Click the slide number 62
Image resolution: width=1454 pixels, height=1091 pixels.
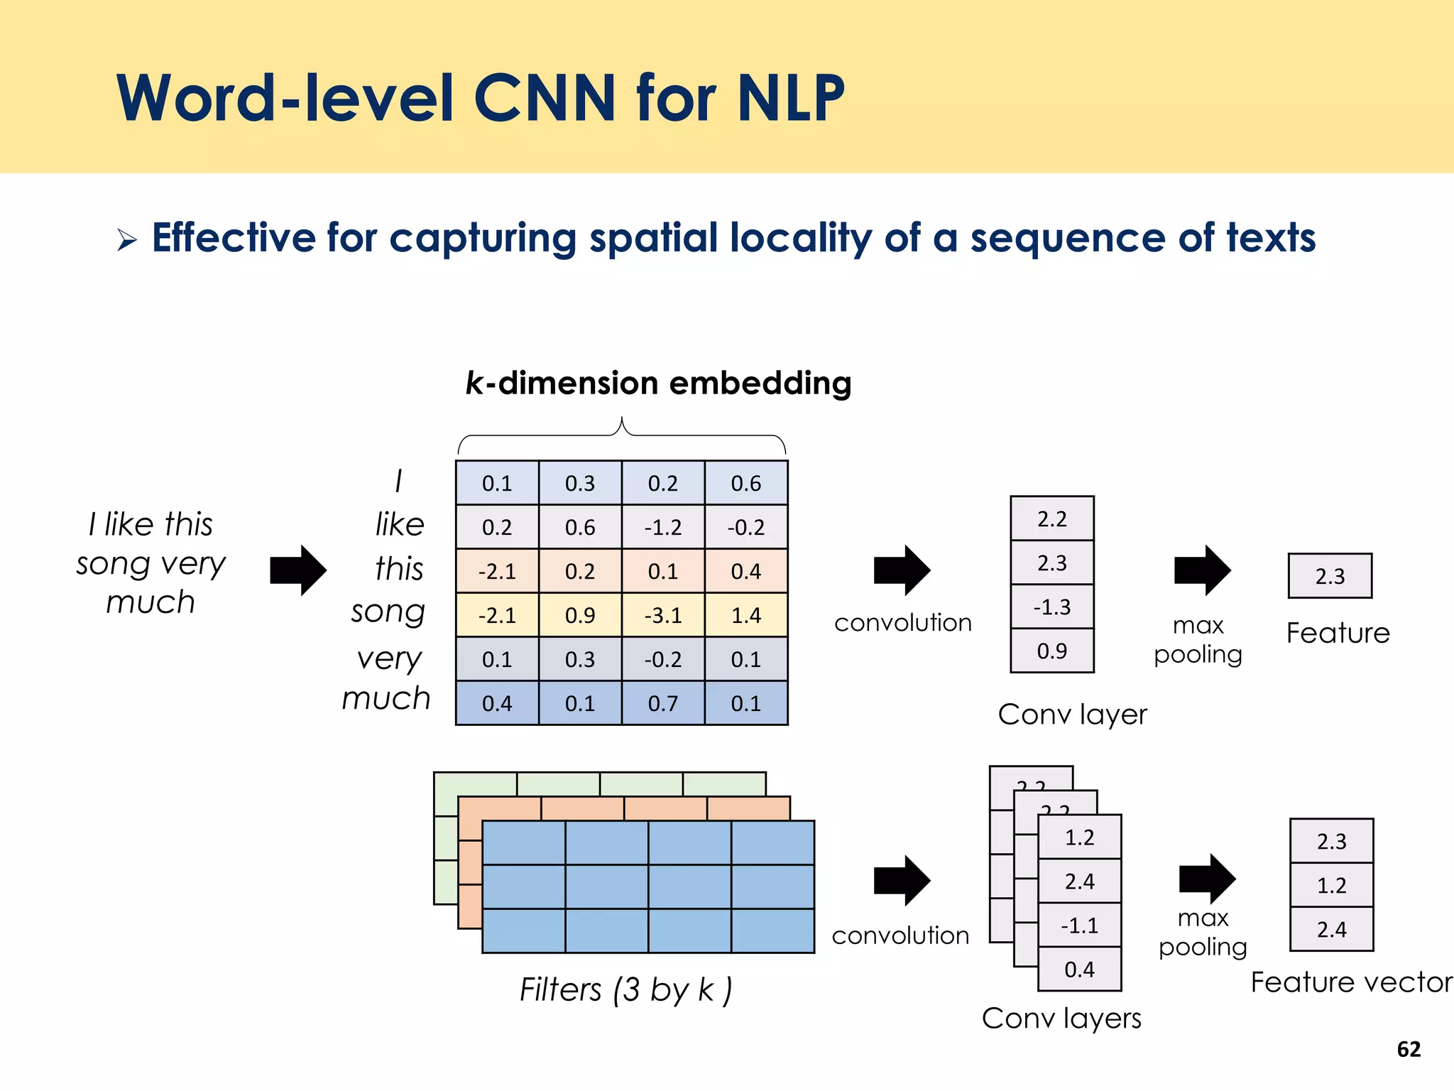tap(1409, 1049)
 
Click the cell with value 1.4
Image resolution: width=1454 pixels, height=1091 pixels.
tap(746, 615)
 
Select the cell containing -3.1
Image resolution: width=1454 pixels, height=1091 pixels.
tap(663, 615)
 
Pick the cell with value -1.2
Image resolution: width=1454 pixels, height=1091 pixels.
tap(663, 527)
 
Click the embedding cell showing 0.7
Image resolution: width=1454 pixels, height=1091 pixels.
tap(663, 703)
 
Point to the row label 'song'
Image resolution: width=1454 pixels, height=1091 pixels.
tap(388, 612)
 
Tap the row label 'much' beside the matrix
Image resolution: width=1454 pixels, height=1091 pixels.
tap(386, 699)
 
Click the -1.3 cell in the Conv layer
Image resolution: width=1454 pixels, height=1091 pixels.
tap(1051, 607)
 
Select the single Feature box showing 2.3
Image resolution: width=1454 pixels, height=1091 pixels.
tap(1330, 576)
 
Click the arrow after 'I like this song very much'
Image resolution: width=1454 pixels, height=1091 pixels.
tap(298, 570)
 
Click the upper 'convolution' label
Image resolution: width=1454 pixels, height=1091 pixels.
tap(902, 623)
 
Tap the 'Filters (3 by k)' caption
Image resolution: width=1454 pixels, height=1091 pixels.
tap(625, 989)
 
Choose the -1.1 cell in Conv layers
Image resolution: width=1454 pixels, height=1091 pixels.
tap(1079, 926)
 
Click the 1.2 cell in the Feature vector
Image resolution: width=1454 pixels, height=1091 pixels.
tap(1331, 885)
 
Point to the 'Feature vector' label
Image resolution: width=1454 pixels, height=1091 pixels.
tap(1350, 982)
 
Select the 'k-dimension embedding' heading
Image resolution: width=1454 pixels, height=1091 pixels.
tap(658, 384)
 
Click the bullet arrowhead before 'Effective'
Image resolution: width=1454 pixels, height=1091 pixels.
tap(127, 240)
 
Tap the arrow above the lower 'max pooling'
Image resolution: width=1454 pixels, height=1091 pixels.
tap(1207, 879)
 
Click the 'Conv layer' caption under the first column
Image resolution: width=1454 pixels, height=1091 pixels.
tap(1071, 715)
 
